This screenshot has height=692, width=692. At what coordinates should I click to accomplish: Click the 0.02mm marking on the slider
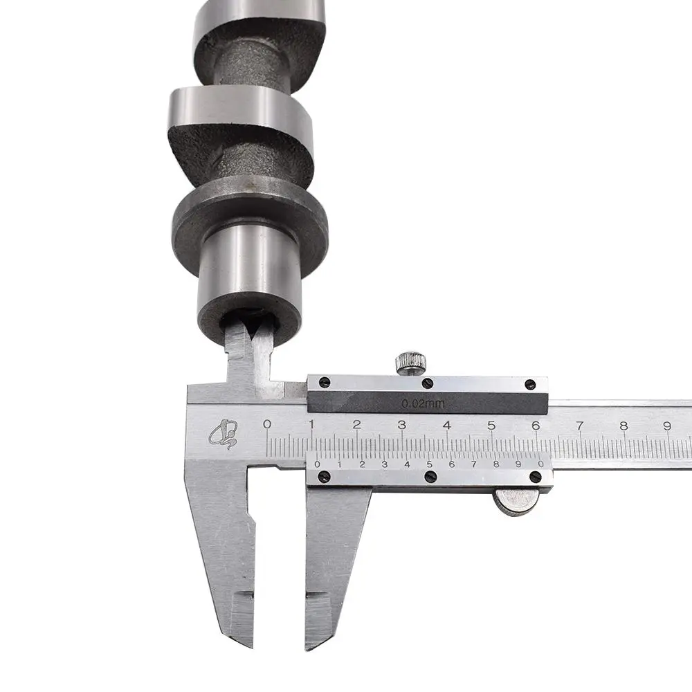423,403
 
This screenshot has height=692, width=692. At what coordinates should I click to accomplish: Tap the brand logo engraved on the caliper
224,433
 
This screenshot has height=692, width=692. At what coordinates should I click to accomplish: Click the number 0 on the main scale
266,424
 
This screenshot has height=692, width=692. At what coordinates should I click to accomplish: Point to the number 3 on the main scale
401,425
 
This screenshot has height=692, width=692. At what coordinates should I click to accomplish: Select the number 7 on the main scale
579,426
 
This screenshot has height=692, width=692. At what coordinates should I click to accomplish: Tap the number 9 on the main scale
667,426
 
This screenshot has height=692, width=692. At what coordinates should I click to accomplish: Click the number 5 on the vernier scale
429,464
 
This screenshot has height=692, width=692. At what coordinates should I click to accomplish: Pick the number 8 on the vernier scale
496,464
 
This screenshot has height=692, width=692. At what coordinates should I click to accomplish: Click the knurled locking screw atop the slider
411,363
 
